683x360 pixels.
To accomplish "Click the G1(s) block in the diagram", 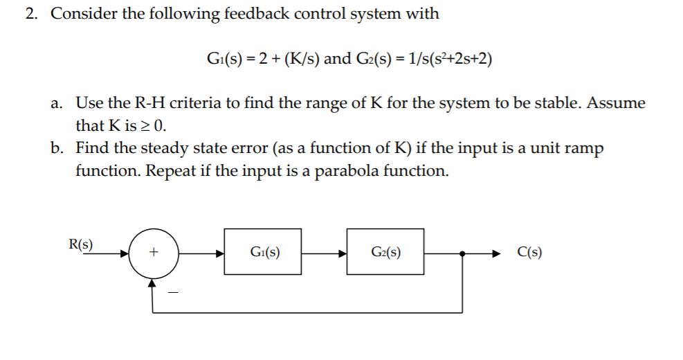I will (263, 251).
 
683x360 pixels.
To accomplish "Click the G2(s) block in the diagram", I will (385, 251).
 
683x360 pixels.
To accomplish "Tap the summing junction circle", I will (153, 253).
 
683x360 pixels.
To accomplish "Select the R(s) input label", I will (82, 244).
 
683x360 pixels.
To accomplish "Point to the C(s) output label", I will (529, 252).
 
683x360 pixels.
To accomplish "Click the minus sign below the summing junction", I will (174, 294).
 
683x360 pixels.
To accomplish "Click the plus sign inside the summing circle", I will (153, 253).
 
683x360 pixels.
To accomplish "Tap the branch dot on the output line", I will (462, 253).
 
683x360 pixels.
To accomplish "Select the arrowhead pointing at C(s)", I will (493, 253).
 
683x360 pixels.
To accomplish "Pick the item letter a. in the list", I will (57, 104).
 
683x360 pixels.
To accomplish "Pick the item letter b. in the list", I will (57, 148).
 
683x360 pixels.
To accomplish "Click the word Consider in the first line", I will (84, 14).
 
